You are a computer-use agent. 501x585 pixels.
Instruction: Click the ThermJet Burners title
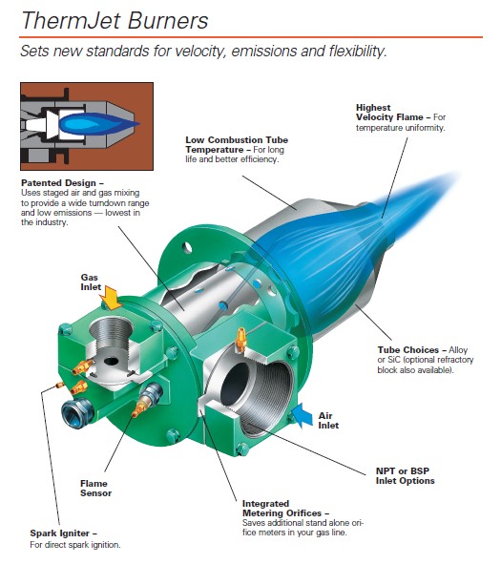click(x=115, y=20)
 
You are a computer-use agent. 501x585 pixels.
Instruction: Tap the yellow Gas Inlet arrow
click(x=111, y=298)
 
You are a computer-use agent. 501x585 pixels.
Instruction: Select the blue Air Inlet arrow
click(x=302, y=415)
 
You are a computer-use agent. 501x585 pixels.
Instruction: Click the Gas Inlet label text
click(x=91, y=282)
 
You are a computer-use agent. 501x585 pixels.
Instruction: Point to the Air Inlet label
click(x=328, y=421)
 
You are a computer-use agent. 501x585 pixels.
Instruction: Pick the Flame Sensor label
click(x=95, y=488)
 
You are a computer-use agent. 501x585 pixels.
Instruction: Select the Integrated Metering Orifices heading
click(x=285, y=508)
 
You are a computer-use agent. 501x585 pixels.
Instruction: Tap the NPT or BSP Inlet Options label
click(x=406, y=475)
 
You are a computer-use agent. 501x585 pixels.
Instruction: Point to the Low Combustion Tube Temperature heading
click(x=237, y=145)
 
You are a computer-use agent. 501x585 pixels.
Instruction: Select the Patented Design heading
click(x=62, y=183)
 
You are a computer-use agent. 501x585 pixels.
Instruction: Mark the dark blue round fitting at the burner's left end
click(x=77, y=412)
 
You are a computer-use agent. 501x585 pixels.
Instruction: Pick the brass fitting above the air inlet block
click(x=241, y=340)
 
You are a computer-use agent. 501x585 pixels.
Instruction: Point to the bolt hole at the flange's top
click(x=187, y=247)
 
